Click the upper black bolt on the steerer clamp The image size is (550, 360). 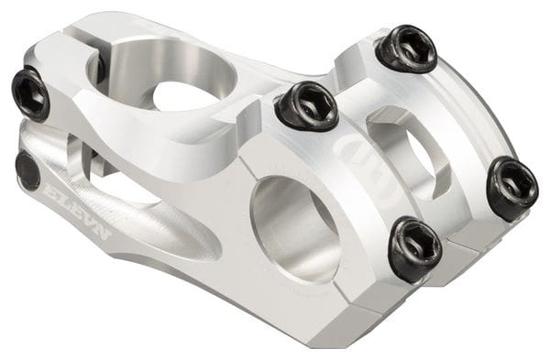click(x=30, y=94)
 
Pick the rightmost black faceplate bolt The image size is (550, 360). click(x=514, y=188)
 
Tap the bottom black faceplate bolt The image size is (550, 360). click(x=415, y=248)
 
